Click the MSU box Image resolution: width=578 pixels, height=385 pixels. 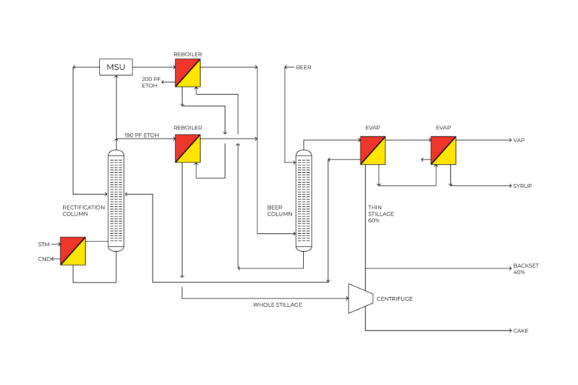pyautogui.click(x=116, y=67)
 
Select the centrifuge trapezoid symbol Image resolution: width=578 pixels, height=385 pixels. pyautogui.click(x=360, y=299)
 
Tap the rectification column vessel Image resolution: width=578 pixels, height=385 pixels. pyautogui.click(x=116, y=199)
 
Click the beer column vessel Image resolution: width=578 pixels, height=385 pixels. pyautogui.click(x=303, y=200)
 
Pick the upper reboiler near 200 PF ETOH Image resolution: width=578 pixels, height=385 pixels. pyautogui.click(x=187, y=73)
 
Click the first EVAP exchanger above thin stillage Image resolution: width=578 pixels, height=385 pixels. pyautogui.click(x=373, y=150)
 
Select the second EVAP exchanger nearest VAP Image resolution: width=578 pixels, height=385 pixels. pyautogui.click(x=443, y=150)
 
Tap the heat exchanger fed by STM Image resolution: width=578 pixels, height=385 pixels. pyautogui.click(x=73, y=250)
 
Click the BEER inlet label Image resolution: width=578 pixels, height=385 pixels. pyautogui.click(x=303, y=68)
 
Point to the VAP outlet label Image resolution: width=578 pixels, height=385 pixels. pyautogui.click(x=519, y=141)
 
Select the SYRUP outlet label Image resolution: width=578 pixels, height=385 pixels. pyautogui.click(x=522, y=186)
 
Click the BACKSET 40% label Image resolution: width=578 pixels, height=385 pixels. pyautogui.click(x=526, y=268)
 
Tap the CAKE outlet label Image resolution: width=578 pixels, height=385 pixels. pyautogui.click(x=521, y=331)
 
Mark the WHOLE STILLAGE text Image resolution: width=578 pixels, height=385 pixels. pyautogui.click(x=277, y=305)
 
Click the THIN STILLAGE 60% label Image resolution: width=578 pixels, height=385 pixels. pyautogui.click(x=380, y=214)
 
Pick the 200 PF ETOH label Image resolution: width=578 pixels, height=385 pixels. pyautogui.click(x=151, y=83)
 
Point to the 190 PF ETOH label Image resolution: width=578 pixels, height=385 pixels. pyautogui.click(x=141, y=135)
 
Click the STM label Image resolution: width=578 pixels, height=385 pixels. pyautogui.click(x=44, y=244)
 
